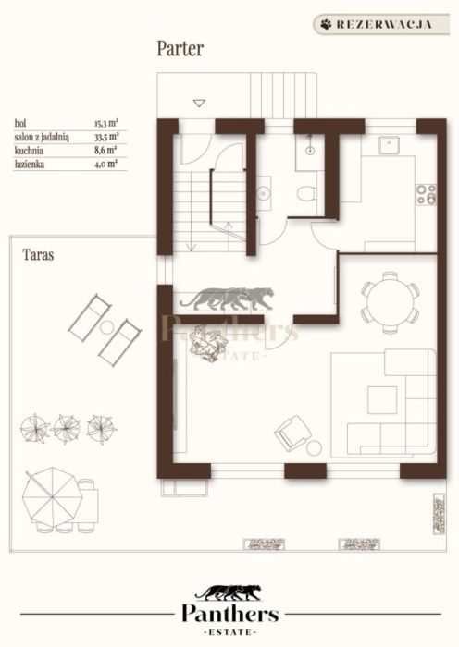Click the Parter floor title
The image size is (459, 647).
pyautogui.click(x=180, y=49)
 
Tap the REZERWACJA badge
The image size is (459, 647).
pyautogui.click(x=381, y=24)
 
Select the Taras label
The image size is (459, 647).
pyautogui.click(x=38, y=254)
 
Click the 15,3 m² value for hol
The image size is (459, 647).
pyautogui.click(x=106, y=123)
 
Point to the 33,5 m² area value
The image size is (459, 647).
pyautogui.click(x=106, y=137)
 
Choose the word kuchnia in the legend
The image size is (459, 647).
pyautogui.click(x=29, y=151)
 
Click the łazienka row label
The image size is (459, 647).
pyautogui.click(x=30, y=165)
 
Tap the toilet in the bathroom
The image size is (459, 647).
pyautogui.click(x=307, y=192)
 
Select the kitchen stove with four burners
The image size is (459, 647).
pyautogui.click(x=426, y=194)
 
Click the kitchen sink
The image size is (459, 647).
pyautogui.click(x=389, y=145)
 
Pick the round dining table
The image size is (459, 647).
pyautogui.click(x=391, y=302)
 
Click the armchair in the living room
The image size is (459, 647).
pyautogui.click(x=292, y=432)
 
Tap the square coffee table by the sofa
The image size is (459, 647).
pyautogui.click(x=382, y=399)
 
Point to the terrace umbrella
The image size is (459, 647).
pyautogui.click(x=52, y=496)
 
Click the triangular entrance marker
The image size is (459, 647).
pyautogui.click(x=200, y=104)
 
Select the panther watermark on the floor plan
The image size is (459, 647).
pyautogui.click(x=227, y=298)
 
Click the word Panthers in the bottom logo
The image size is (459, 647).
pyautogui.click(x=230, y=614)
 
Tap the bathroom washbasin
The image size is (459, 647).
pyautogui.click(x=263, y=192)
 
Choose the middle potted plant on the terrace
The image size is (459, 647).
pyautogui.click(x=66, y=429)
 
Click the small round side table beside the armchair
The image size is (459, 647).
pyautogui.click(x=314, y=447)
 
